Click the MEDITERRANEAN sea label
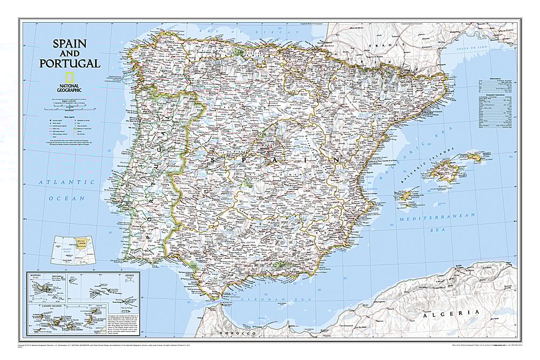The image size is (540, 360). coord(437,216)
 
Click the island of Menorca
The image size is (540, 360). coord(475,157)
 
